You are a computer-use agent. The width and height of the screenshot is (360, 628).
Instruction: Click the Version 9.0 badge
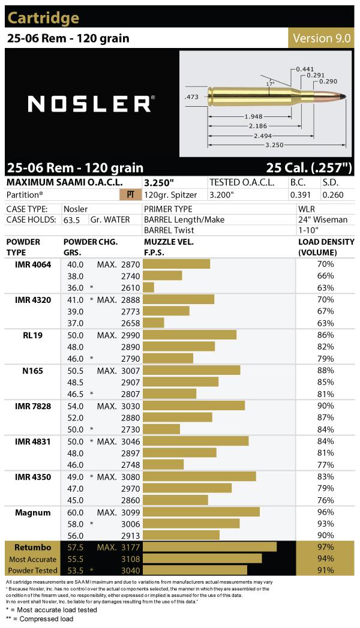[321, 38]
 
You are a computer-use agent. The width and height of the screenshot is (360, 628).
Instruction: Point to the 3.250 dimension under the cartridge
[274, 145]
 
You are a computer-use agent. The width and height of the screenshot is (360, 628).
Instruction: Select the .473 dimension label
[191, 95]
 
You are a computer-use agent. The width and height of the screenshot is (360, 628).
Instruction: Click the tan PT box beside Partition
[130, 195]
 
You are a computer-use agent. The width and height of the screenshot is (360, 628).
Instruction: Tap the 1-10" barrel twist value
[308, 230]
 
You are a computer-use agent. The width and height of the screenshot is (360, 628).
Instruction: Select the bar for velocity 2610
[149, 287]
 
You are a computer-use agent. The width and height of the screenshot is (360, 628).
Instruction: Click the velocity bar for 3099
[202, 512]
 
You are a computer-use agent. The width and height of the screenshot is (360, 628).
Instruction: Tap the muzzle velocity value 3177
[131, 548]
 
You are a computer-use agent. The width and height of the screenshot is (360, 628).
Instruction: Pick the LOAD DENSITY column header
[326, 247]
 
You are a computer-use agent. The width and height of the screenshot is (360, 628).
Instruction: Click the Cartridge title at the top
[43, 18]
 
